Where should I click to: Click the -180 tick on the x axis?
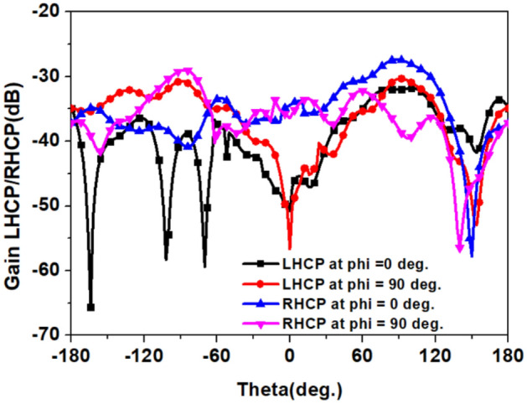point(70,355)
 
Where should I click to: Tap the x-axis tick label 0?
point(290,355)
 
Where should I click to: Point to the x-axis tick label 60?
point(362,355)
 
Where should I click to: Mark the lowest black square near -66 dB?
point(90,308)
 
